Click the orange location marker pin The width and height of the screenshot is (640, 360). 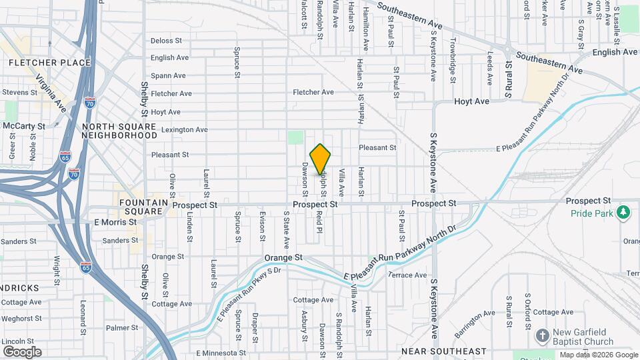[321, 159]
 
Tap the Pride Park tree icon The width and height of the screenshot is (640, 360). [623, 212]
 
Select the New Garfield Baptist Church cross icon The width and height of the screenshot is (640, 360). [543, 335]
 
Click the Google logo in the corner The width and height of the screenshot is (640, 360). [22, 352]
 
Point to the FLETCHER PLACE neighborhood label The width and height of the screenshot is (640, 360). [50, 63]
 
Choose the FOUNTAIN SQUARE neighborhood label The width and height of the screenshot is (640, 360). [141, 207]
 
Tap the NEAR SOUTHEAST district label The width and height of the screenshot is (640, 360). [443, 351]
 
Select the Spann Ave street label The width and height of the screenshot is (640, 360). [167, 76]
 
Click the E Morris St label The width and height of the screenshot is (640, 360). [115, 222]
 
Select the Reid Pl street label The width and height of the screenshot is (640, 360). [319, 223]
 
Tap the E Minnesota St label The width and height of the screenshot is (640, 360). [217, 353]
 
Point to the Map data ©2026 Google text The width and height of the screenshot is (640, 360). [597, 355]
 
